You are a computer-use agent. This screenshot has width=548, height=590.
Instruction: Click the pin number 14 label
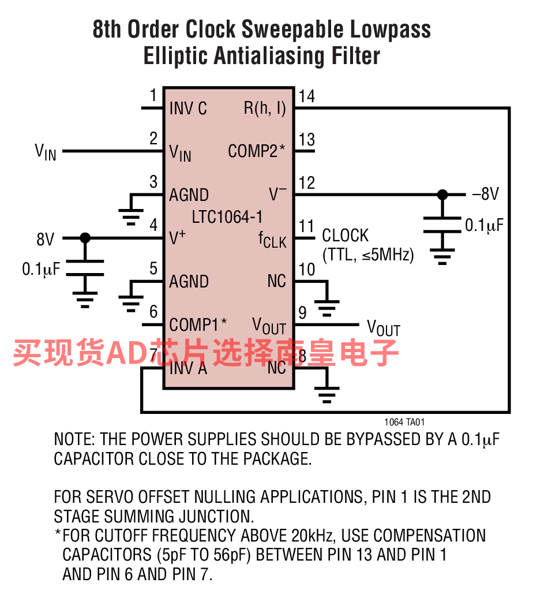(x=307, y=96)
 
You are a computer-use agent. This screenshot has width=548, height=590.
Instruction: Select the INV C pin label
(x=188, y=109)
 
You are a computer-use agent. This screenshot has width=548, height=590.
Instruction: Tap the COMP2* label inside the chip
(x=257, y=151)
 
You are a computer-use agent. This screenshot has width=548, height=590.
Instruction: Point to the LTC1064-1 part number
(x=227, y=217)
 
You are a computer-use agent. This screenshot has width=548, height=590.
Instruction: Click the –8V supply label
(x=485, y=194)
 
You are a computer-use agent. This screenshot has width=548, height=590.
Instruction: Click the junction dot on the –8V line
(x=442, y=195)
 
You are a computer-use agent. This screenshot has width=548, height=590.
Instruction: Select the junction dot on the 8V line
(x=85, y=238)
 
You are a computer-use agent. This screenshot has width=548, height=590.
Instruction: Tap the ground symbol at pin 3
(x=131, y=217)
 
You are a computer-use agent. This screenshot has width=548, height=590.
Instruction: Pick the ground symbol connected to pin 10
(x=326, y=308)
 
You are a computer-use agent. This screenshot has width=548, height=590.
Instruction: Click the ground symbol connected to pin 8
(x=326, y=394)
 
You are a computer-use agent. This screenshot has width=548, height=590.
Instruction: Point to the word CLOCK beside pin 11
(x=346, y=236)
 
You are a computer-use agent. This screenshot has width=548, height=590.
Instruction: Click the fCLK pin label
(x=272, y=240)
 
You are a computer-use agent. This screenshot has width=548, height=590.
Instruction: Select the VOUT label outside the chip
(x=384, y=328)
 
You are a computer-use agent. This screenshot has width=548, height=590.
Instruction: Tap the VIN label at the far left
(x=46, y=152)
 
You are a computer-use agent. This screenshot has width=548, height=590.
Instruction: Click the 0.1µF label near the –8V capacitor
(x=484, y=225)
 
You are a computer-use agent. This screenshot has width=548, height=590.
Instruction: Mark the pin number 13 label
(x=307, y=140)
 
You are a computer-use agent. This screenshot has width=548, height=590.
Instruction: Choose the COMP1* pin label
(x=198, y=324)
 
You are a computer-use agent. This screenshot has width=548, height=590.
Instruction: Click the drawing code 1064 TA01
(x=404, y=422)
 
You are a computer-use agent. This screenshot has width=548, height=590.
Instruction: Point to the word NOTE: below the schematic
(x=75, y=439)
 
